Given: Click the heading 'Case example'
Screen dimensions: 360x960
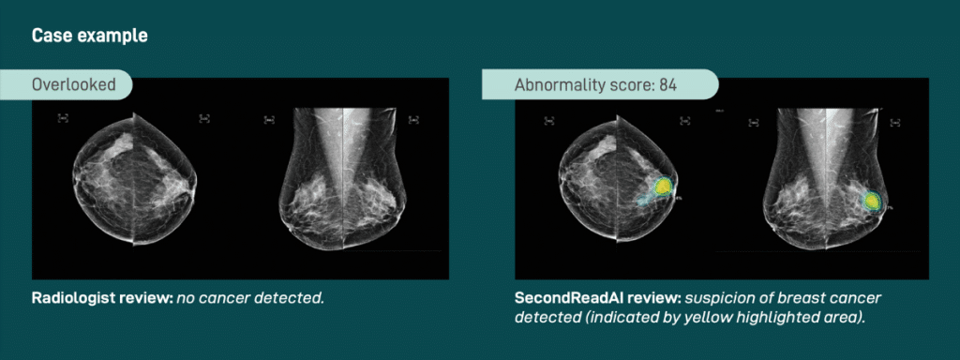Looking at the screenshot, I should point(90,37).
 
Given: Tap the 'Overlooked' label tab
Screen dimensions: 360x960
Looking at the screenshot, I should point(74,85).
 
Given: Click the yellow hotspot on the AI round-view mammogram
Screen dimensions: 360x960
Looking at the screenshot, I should point(663,187).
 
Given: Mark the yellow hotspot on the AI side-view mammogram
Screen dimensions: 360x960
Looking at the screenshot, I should point(872,200).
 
